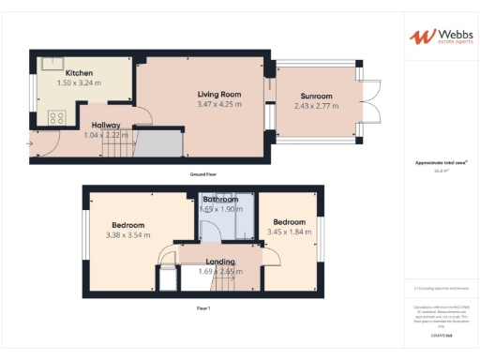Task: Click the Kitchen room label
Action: click(x=79, y=72)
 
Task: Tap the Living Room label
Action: click(x=219, y=94)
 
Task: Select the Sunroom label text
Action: click(x=317, y=97)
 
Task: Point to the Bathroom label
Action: click(x=220, y=200)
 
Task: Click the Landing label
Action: click(x=220, y=262)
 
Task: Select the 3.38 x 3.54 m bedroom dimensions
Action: click(x=128, y=237)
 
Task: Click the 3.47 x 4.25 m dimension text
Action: click(x=219, y=104)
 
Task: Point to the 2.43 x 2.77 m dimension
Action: click(x=317, y=106)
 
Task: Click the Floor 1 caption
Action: click(x=203, y=308)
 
